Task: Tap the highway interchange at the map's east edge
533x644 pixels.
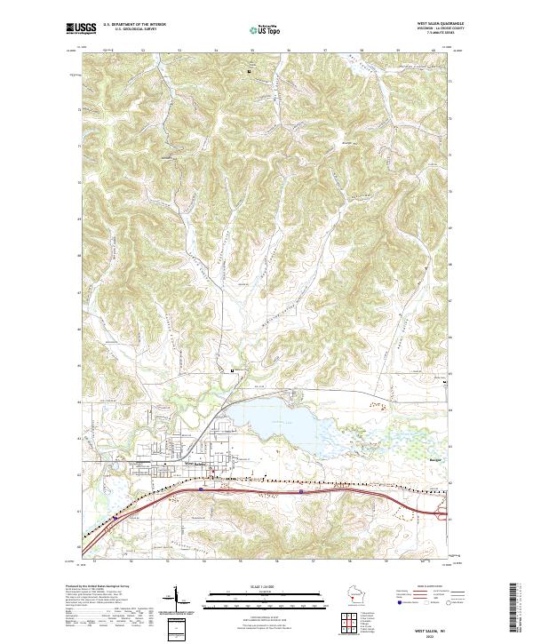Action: coord(441,513)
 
